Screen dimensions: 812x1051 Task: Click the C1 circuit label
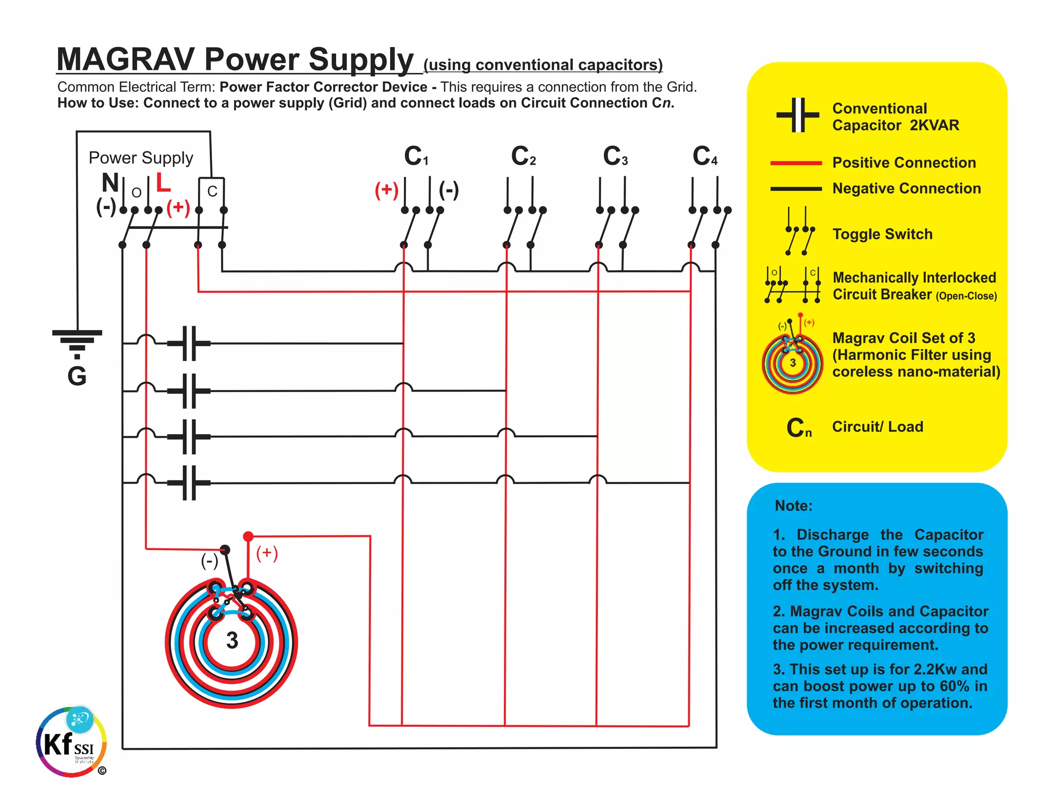tap(416, 156)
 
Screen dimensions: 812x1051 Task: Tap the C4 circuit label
tap(705, 156)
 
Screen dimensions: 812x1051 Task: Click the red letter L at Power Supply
tap(163, 183)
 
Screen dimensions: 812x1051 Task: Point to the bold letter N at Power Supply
tap(110, 183)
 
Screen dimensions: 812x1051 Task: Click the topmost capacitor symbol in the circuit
tap(189, 343)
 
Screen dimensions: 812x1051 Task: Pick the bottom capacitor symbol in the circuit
tap(189, 482)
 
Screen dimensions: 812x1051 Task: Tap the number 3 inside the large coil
tap(232, 641)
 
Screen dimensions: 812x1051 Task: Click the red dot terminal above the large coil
tap(248, 536)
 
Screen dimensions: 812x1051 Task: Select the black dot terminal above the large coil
tap(225, 550)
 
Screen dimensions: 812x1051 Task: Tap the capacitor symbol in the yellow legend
tap(797, 115)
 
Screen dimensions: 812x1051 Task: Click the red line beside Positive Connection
tap(796, 163)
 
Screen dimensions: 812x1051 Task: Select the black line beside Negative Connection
tap(796, 189)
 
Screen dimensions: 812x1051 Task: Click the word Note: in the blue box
tap(793, 506)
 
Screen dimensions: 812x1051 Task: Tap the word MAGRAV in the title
tap(125, 60)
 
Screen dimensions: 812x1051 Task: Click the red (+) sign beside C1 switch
tap(386, 190)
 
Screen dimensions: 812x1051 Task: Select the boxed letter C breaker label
tap(212, 191)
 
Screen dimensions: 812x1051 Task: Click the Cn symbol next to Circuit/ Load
tap(799, 428)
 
